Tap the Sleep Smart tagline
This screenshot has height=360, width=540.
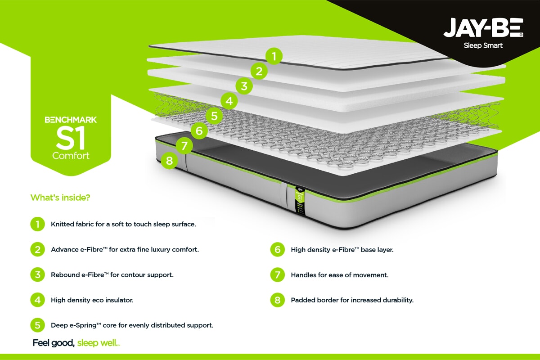(483, 45)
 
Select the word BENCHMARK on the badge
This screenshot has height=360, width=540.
(71, 120)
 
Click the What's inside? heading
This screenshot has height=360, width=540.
(60, 198)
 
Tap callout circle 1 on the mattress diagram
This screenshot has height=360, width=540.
(274, 57)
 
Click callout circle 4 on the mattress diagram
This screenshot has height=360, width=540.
(229, 101)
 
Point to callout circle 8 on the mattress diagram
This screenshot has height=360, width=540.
(169, 161)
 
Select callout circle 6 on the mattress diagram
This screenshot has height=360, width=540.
(199, 131)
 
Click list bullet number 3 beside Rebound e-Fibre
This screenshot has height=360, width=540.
(37, 274)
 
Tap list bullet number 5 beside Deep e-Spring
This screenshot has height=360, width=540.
(37, 325)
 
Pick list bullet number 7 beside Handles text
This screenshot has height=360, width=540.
(278, 274)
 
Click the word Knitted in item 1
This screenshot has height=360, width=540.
(62, 224)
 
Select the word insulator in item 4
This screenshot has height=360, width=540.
(119, 300)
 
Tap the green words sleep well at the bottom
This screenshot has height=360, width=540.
(98, 343)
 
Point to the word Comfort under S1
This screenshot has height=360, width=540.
(71, 156)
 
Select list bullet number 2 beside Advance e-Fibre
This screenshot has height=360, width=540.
(37, 249)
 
